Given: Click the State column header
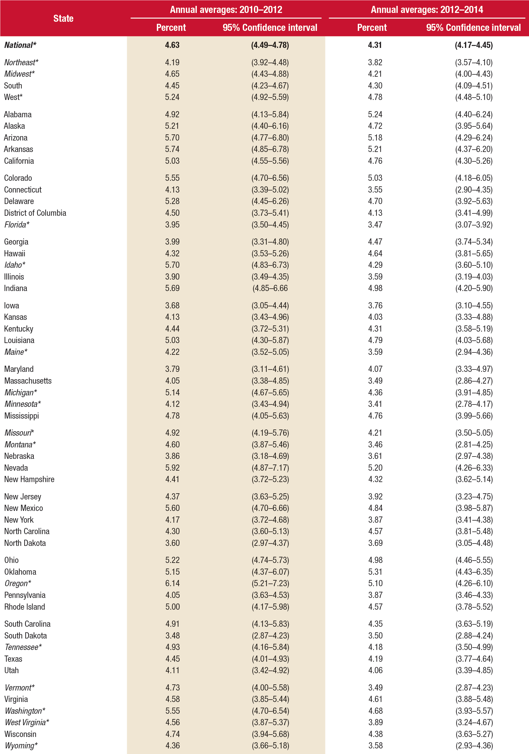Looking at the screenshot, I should tap(63, 19).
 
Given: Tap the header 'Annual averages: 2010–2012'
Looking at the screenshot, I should tap(226, 9).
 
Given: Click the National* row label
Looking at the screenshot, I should tap(20, 45).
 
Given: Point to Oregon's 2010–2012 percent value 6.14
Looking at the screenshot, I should tap(172, 583).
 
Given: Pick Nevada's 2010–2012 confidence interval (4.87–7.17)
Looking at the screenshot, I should tap(270, 468).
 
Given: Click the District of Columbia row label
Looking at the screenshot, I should tap(35, 213).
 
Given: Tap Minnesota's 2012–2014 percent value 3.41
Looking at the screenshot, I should tap(375, 404).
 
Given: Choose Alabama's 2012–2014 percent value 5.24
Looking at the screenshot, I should tap(375, 115).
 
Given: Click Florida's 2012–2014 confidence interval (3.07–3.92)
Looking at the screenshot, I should tap(473, 225).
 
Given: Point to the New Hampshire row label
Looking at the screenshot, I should tap(29, 479).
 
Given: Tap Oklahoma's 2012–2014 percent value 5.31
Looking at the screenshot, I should tap(375, 572).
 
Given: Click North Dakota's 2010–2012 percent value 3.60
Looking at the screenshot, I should tap(172, 543).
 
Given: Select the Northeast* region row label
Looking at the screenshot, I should tap(21, 62).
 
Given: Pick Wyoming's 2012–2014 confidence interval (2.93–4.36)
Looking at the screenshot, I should tap(473, 745).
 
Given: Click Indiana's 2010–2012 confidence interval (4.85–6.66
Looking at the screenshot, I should tap(270, 288).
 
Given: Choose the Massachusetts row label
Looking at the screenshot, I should tap(28, 381).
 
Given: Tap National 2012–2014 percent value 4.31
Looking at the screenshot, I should tap(375, 45).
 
